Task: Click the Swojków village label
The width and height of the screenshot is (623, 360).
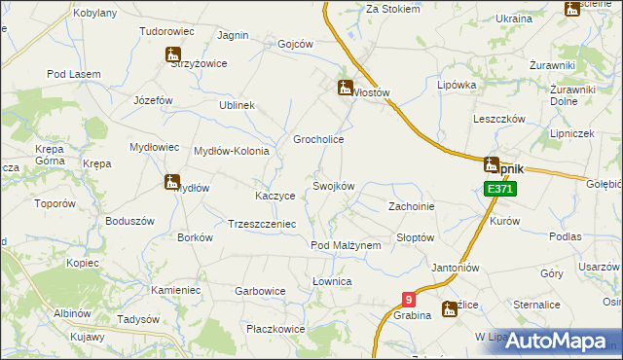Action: pyautogui.click(x=332, y=186)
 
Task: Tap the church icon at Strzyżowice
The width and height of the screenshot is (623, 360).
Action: pyautogui.click(x=173, y=54)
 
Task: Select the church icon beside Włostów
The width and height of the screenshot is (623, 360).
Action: pyautogui.click(x=345, y=89)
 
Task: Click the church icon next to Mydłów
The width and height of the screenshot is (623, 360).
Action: pyautogui.click(x=172, y=182)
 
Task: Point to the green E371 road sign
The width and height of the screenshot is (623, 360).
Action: pyautogui.click(x=498, y=188)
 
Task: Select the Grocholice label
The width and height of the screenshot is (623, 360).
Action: pyautogui.click(x=319, y=139)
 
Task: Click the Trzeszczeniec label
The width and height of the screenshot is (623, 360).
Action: pyautogui.click(x=261, y=223)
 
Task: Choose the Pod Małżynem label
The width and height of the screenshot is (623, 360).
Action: pyautogui.click(x=345, y=245)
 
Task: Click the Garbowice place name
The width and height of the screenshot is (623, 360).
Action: pyautogui.click(x=260, y=290)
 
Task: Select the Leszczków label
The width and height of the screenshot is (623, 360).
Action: pyautogui.click(x=498, y=118)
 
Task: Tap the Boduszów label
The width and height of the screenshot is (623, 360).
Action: pyautogui.click(x=130, y=221)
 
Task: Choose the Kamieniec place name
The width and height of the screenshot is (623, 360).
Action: pyautogui.click(x=175, y=290)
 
